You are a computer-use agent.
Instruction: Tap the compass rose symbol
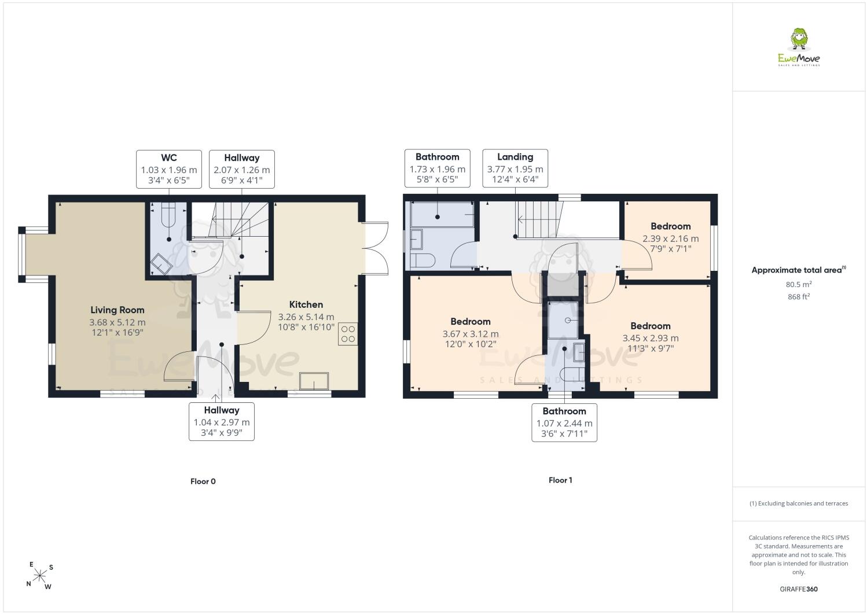[x=39, y=576]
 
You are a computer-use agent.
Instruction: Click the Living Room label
[x=117, y=310]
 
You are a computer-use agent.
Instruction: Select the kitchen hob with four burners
[x=348, y=333]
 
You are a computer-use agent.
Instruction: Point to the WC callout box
[x=169, y=169]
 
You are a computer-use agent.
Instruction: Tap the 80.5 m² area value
[x=799, y=284]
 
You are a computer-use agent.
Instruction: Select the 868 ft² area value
[x=799, y=297]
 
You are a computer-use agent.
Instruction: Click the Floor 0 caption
[x=203, y=481]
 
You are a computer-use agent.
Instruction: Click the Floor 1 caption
[x=560, y=480]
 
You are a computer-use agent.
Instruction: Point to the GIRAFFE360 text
[x=799, y=589]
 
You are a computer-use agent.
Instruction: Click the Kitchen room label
[x=306, y=304]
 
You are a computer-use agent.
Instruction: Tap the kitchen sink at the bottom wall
[x=314, y=381]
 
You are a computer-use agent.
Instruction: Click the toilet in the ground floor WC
[x=168, y=215]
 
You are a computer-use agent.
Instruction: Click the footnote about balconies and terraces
[x=799, y=503]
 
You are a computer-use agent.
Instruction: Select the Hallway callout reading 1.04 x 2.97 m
[x=222, y=422]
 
